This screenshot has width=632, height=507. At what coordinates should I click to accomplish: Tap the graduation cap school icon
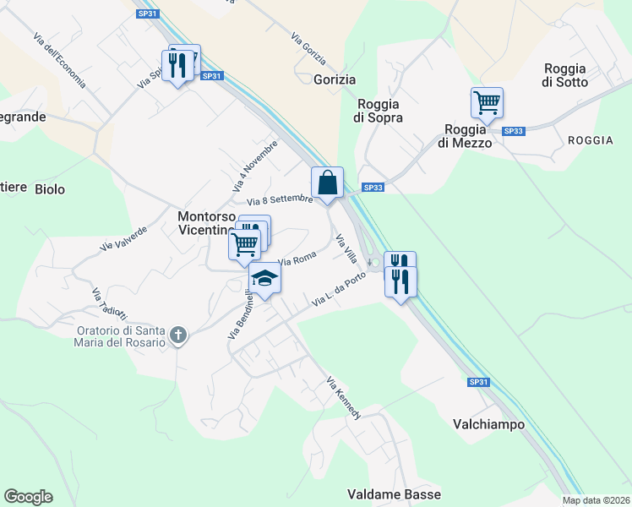(x=264, y=278)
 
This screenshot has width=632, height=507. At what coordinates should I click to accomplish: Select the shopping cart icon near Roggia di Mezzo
(x=487, y=103)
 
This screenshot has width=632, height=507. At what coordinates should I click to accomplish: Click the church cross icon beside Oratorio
(x=177, y=335)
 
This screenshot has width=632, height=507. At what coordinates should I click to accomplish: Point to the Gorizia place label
(x=334, y=79)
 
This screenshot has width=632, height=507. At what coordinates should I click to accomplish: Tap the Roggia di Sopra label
(x=379, y=111)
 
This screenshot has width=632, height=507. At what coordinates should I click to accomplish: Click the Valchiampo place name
(x=489, y=424)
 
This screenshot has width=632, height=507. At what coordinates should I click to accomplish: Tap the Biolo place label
(x=50, y=189)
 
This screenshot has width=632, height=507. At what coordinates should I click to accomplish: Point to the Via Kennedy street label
(x=344, y=399)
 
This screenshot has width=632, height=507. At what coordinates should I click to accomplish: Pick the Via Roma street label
(x=297, y=258)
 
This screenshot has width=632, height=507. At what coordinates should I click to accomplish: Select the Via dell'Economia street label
(x=59, y=61)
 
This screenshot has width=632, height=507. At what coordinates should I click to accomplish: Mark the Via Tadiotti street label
(x=107, y=306)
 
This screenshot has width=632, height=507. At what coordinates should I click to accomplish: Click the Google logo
(x=28, y=497)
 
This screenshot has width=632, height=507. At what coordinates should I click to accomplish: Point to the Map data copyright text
(x=595, y=500)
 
